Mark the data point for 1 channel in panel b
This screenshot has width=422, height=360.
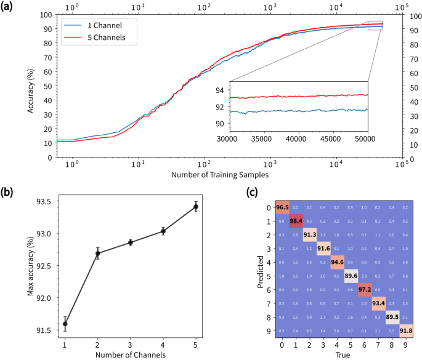(x=65, y=324)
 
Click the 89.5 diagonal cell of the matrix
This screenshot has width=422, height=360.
(x=392, y=318)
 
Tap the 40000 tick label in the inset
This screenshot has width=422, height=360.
(x=297, y=139)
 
